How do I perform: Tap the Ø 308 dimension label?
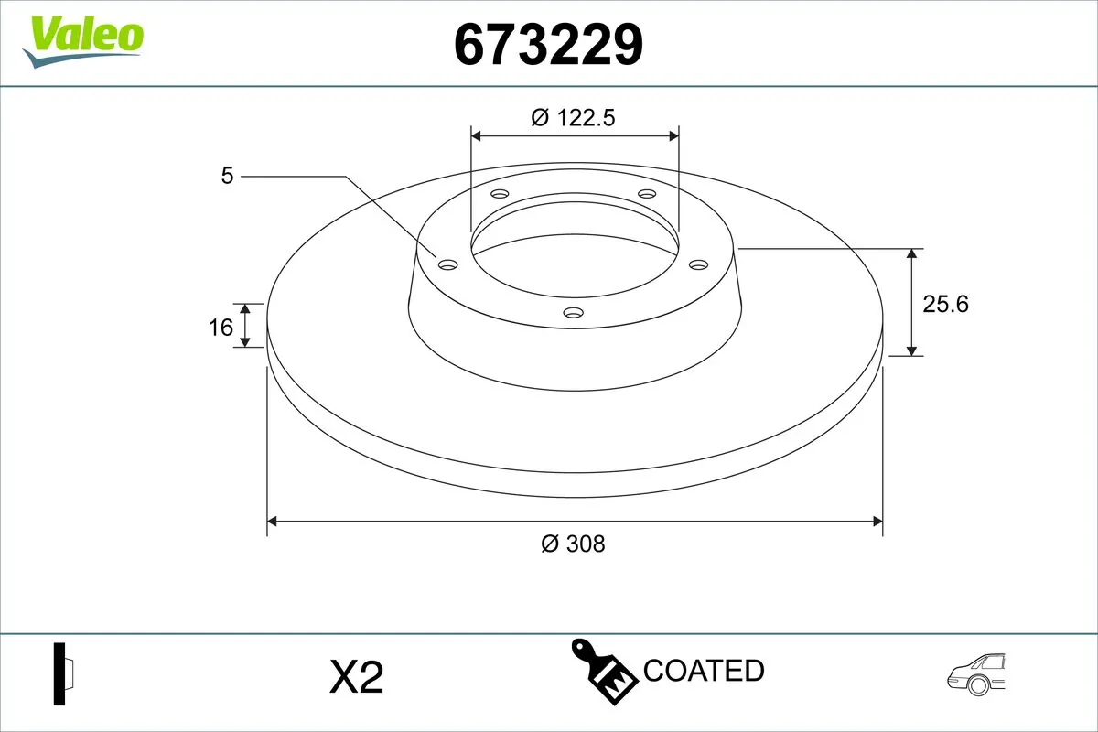coord(573,544)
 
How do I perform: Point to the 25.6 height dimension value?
coord(945,304)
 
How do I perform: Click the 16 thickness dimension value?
coord(221,326)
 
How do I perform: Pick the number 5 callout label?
coord(227,176)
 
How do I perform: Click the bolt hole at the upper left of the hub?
coord(500,194)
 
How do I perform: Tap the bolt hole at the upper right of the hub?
coord(648,194)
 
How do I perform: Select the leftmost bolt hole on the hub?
coord(447,264)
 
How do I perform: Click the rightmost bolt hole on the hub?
coord(699,264)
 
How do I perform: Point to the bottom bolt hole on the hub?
coord(574,313)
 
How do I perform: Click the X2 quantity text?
coord(355,678)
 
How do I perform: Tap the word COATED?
coord(704,671)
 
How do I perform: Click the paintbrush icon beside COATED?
coord(604,670)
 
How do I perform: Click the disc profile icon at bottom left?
coord(64,674)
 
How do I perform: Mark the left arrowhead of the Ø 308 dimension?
coord(272,522)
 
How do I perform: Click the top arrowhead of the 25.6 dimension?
coord(912,254)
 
